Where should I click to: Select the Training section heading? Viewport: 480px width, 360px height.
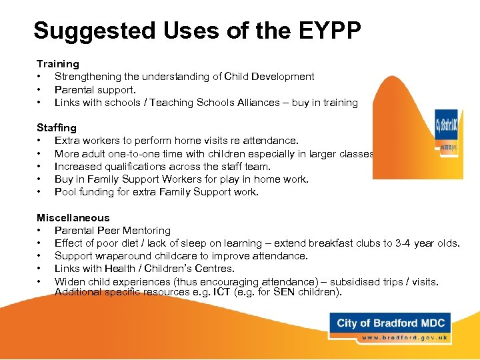click(x=58, y=64)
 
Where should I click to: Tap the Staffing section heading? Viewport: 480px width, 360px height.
click(x=57, y=127)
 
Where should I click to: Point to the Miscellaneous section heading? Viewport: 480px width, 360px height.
click(x=73, y=217)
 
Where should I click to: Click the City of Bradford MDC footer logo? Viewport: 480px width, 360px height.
click(x=390, y=324)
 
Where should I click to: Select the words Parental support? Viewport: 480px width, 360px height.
click(x=95, y=89)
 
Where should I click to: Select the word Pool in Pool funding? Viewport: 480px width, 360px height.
click(x=65, y=192)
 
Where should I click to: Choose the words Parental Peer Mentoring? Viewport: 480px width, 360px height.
click(x=113, y=231)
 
